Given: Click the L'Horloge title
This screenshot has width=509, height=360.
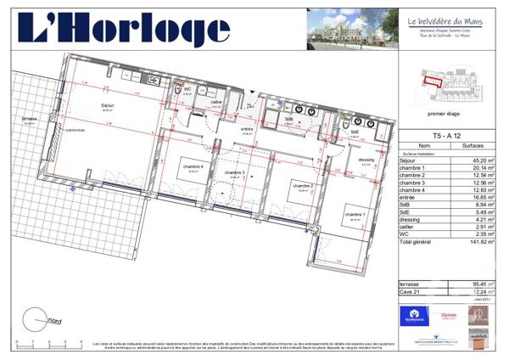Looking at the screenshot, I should [x=124, y=30].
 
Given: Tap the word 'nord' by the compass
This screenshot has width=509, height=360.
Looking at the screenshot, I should [x=53, y=322].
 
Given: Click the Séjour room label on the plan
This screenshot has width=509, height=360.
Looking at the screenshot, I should [x=107, y=105].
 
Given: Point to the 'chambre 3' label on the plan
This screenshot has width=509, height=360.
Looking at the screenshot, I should [x=235, y=172].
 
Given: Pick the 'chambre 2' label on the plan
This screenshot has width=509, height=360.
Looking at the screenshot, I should [x=303, y=185].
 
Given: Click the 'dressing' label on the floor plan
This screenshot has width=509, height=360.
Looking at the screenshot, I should [x=367, y=160].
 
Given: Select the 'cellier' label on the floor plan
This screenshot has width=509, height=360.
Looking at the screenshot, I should [x=217, y=102].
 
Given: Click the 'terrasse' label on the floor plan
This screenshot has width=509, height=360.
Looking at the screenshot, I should [x=30, y=118].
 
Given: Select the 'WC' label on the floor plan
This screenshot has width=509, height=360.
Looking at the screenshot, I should [x=187, y=89].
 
